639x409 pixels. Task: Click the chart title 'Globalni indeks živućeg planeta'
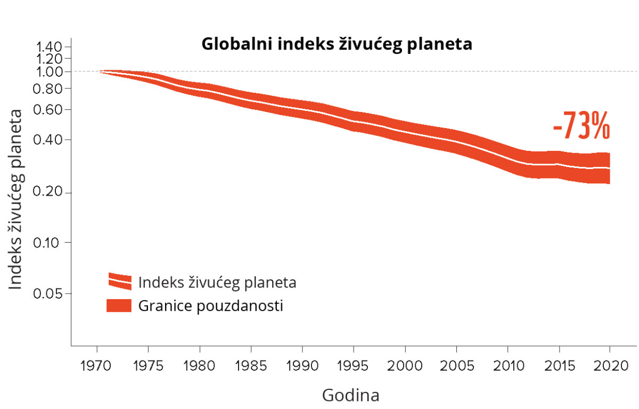tap(337, 44)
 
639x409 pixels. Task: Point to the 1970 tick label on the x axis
tap(97, 367)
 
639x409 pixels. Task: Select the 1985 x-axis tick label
tap(251, 367)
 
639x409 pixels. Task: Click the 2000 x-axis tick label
tap(405, 367)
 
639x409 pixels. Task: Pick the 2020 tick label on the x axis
tap(610, 367)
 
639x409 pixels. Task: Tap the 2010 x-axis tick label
tap(507, 367)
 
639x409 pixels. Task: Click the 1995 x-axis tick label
tap(354, 367)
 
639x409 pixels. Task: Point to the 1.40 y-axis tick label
tap(50, 46)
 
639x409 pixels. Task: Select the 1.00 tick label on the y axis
tap(50, 71)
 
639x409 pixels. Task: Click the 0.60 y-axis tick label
tap(50, 110)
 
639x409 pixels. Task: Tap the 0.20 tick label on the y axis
tap(50, 193)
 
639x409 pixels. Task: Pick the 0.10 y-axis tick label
tap(50, 243)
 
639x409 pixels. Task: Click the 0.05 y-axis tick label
tap(50, 294)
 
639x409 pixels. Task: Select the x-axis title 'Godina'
tap(351, 396)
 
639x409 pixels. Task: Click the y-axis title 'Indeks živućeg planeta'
tap(17, 199)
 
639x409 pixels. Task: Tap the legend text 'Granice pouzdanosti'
tap(210, 306)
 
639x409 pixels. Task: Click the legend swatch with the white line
tap(119, 281)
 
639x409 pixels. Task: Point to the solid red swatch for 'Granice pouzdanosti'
tap(119, 306)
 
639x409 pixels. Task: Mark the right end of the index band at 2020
tap(609, 168)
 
